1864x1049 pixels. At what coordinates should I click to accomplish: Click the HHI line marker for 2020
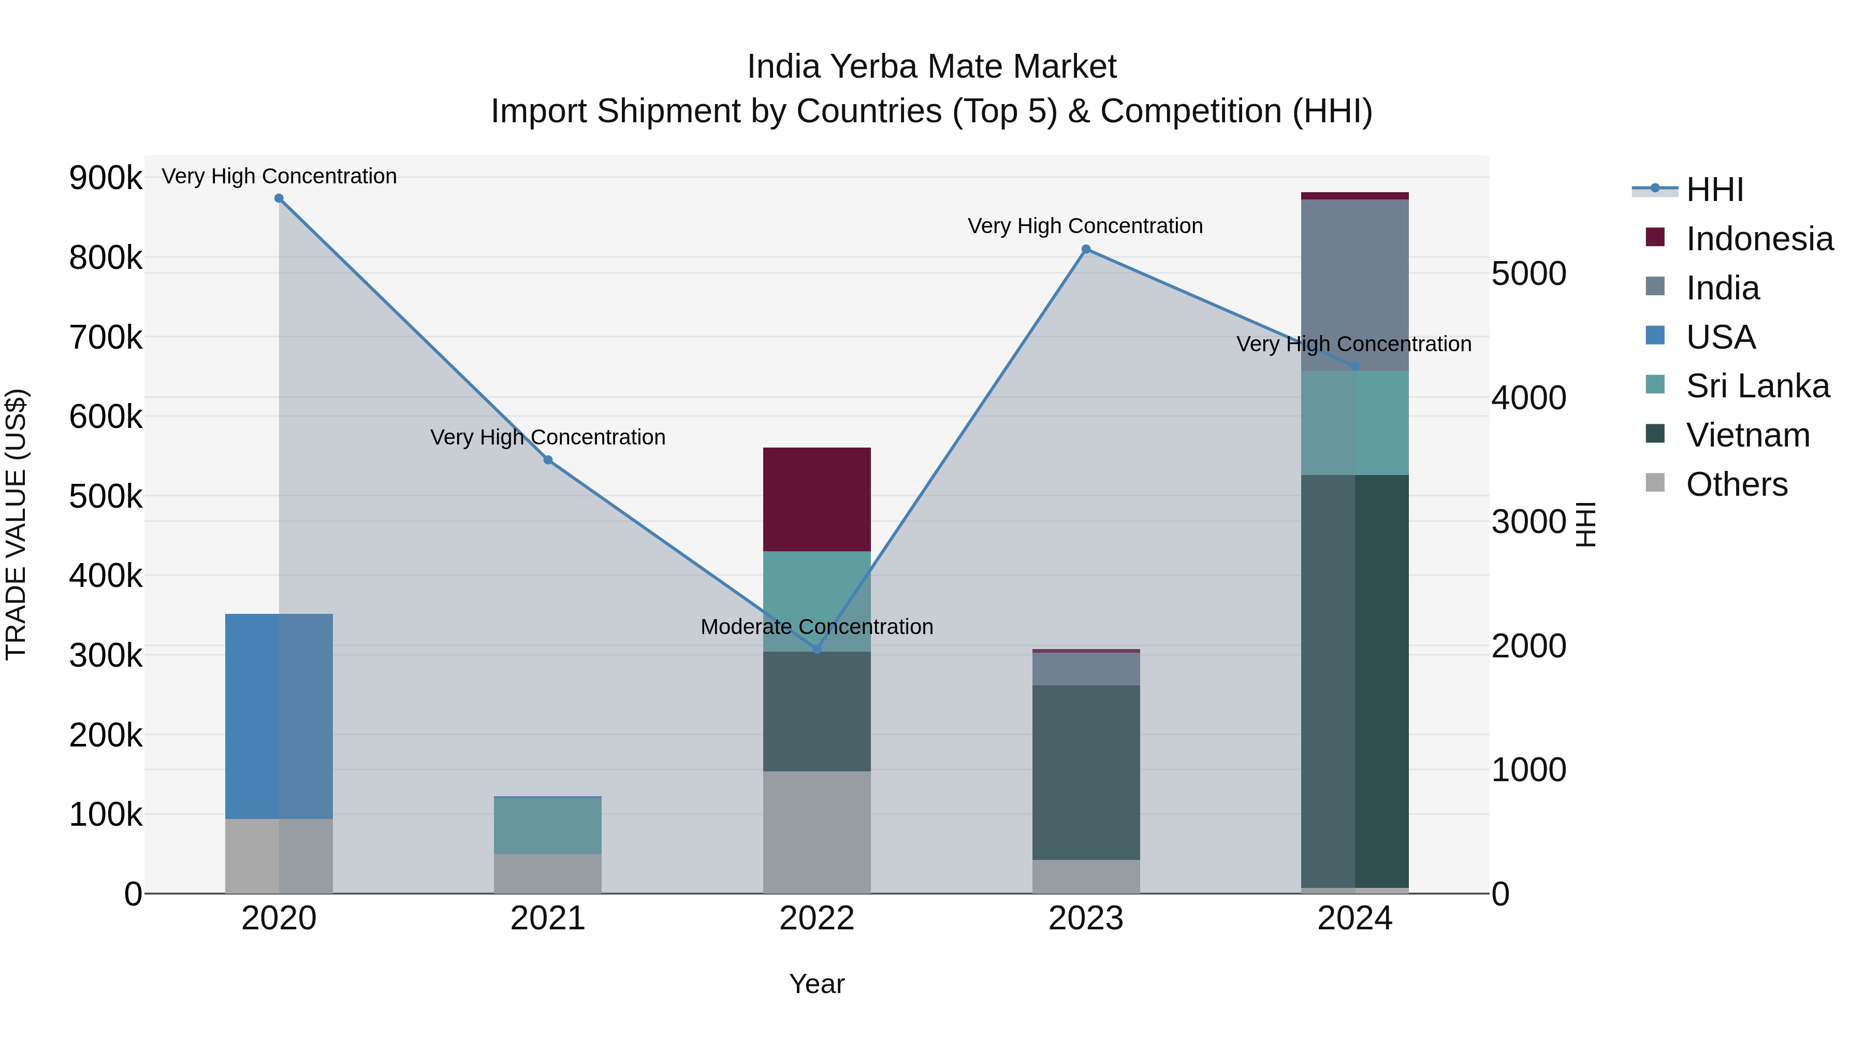tap(279, 198)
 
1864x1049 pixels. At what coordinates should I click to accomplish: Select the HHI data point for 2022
tap(817, 650)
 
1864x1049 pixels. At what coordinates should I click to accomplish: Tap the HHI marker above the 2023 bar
tap(1085, 249)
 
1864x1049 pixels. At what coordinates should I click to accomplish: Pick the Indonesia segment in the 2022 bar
tap(817, 499)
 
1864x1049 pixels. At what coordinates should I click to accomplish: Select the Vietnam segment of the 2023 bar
tap(1085, 772)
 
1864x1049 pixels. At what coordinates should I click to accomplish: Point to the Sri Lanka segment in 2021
tap(548, 825)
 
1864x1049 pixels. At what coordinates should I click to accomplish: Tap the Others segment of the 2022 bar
tap(817, 832)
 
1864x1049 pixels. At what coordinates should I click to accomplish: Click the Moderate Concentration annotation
tap(817, 627)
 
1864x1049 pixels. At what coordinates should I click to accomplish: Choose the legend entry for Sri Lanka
tap(1757, 386)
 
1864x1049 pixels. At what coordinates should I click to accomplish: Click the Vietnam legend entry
tap(1747, 435)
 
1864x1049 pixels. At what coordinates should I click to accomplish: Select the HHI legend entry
tap(1714, 190)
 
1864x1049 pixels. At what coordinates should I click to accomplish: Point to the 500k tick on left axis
tap(106, 497)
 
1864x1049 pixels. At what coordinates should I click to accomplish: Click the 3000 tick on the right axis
tap(1528, 522)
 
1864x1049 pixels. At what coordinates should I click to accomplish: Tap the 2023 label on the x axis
tap(1085, 918)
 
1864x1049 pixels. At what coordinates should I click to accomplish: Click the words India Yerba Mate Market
tap(931, 67)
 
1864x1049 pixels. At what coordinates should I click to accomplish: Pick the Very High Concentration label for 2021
tap(548, 437)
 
